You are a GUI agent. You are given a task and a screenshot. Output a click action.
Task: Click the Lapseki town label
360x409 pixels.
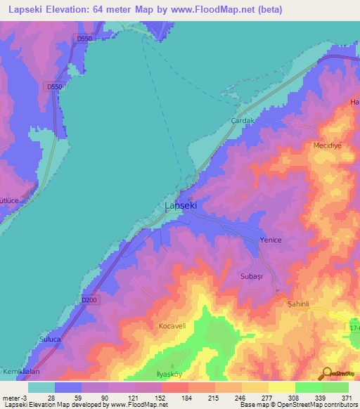pos(180,206)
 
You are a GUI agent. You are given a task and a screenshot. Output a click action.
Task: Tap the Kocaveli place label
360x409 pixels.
pos(172,327)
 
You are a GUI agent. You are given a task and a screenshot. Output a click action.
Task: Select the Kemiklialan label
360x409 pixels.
pos(19,370)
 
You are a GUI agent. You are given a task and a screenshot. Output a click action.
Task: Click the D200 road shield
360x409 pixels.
pos(89,300)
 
